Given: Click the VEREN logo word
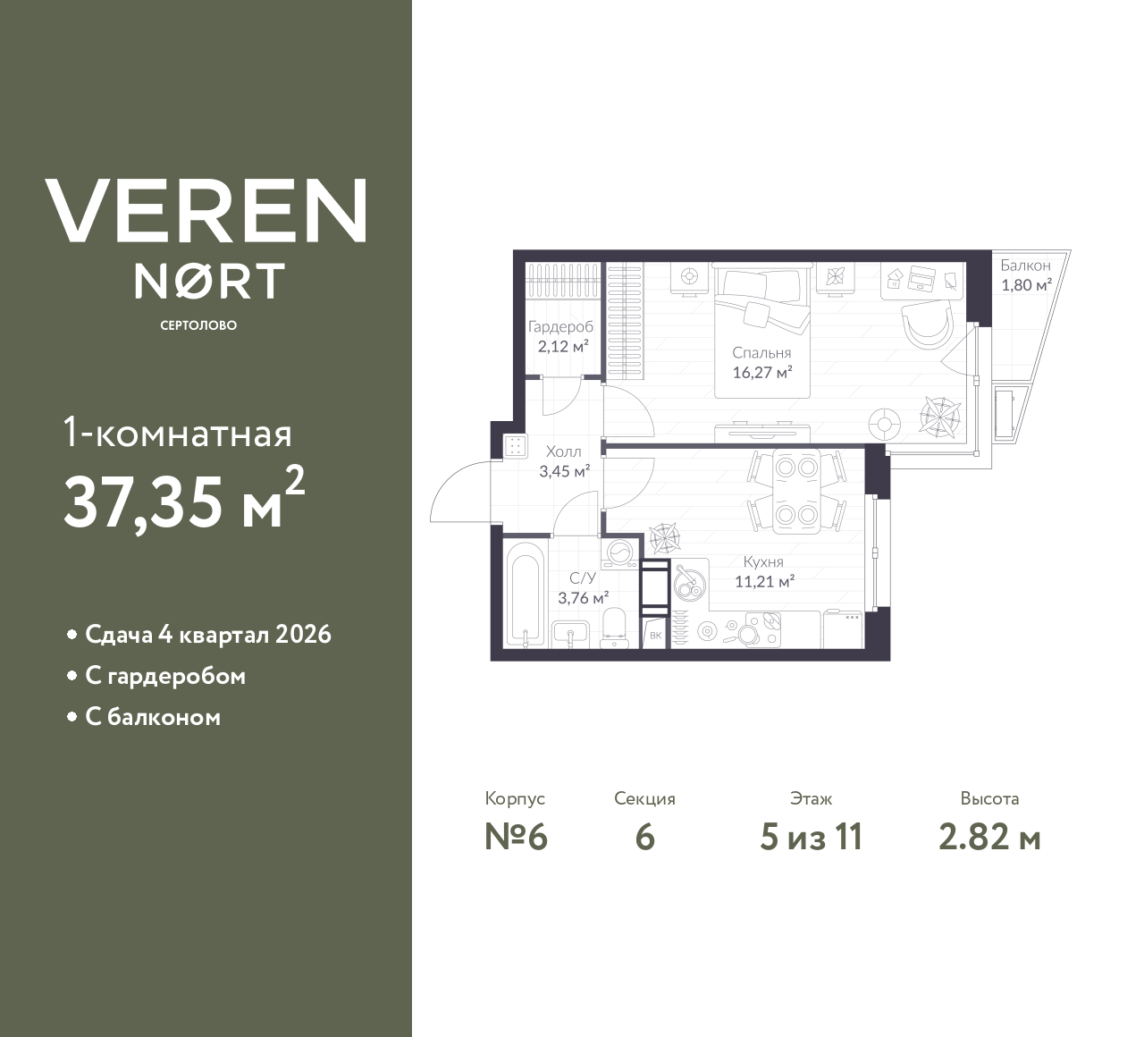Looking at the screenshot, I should (x=206, y=211).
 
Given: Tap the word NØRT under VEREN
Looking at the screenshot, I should (x=209, y=281).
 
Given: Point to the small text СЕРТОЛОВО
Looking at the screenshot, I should (x=198, y=325).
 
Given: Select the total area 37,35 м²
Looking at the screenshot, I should (x=184, y=501).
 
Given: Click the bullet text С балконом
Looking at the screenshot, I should (x=152, y=717).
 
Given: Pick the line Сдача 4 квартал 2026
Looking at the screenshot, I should (x=207, y=635).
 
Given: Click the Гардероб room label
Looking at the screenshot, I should (x=560, y=327).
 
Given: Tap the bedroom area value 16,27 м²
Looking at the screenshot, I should (x=762, y=372).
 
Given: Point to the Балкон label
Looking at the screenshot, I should (x=1025, y=266).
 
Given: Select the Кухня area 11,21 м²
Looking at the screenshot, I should (x=764, y=581).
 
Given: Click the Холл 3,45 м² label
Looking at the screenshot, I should (x=563, y=461).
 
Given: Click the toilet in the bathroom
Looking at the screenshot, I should (x=614, y=625).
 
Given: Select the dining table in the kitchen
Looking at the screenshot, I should (x=795, y=491).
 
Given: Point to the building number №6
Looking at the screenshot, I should (x=515, y=838).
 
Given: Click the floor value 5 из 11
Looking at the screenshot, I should (x=811, y=838).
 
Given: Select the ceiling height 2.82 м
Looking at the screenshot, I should (x=989, y=838).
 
